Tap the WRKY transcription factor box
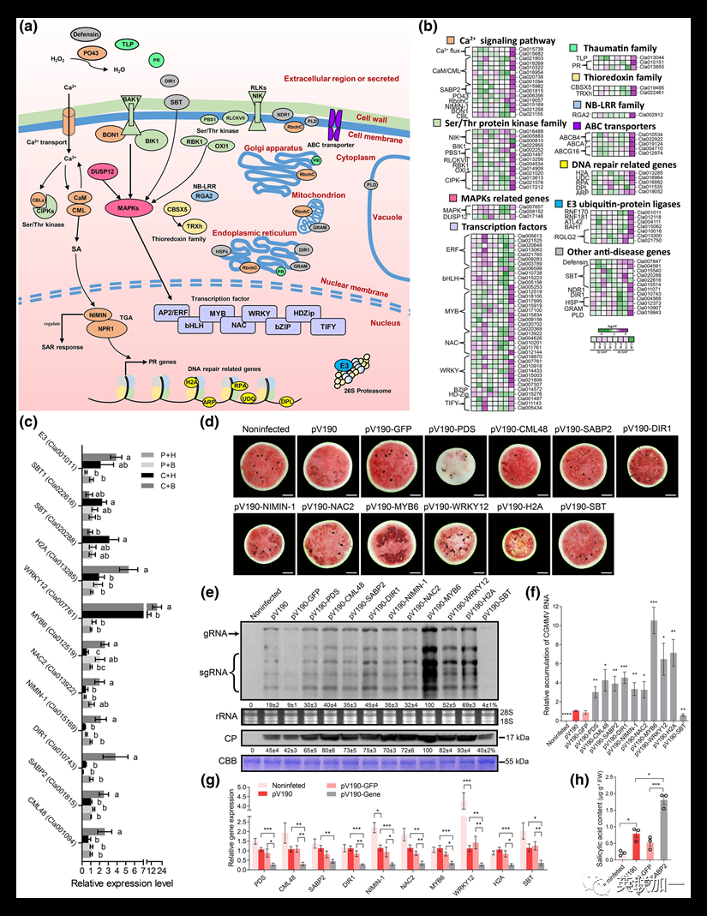click(x=258, y=314)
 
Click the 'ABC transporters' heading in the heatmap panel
click(x=617, y=123)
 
